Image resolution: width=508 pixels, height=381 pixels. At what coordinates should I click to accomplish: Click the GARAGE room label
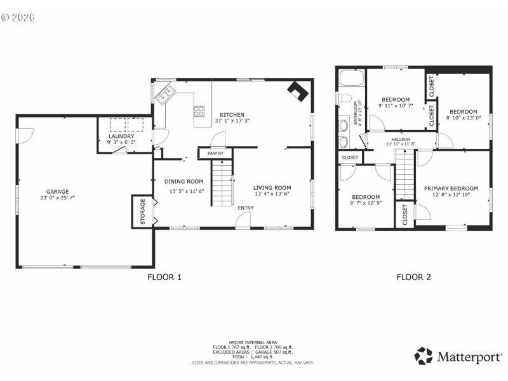click(x=57, y=191)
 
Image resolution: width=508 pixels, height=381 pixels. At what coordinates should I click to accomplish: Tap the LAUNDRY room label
click(x=121, y=136)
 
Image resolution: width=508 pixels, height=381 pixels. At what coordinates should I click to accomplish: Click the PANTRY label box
click(x=215, y=153)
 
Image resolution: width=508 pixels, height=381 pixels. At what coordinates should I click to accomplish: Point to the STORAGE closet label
click(x=142, y=212)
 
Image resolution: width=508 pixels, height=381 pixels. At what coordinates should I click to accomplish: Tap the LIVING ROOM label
click(x=272, y=187)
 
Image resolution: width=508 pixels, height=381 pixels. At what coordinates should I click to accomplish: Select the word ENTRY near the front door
click(x=246, y=208)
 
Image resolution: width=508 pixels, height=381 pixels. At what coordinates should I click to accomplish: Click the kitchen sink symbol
click(x=166, y=95)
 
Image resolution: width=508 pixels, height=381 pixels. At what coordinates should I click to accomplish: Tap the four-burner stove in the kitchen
click(x=199, y=112)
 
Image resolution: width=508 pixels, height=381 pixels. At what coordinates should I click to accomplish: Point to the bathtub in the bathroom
click(x=351, y=79)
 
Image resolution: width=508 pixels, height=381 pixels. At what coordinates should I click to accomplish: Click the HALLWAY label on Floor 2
click(x=401, y=139)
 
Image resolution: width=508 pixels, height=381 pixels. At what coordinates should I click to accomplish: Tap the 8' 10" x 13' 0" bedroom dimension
click(x=463, y=117)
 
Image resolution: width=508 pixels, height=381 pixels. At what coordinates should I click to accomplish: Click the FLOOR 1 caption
click(x=164, y=277)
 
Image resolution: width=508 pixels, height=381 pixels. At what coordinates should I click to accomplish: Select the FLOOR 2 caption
click(x=413, y=277)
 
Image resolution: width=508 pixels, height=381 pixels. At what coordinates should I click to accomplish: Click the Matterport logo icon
click(x=424, y=356)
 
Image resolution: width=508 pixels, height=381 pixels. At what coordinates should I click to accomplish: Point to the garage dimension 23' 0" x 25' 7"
click(x=57, y=197)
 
